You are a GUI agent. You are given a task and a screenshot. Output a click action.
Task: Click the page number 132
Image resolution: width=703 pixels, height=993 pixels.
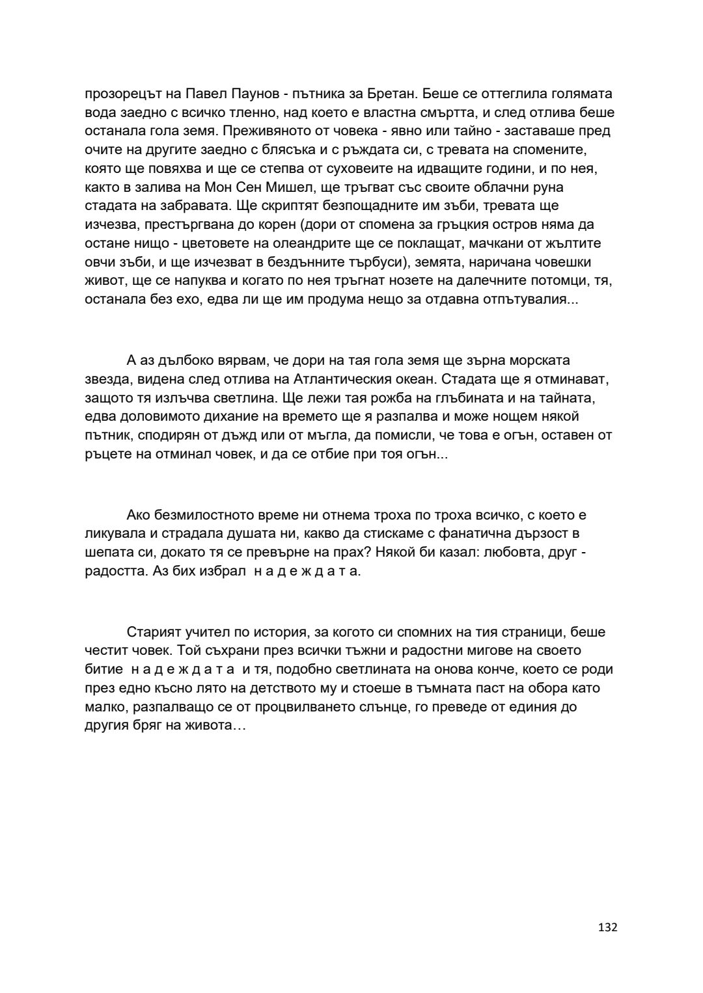click(x=607, y=927)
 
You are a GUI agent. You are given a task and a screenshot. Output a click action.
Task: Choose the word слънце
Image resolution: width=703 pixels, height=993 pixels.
click(x=374, y=707)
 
